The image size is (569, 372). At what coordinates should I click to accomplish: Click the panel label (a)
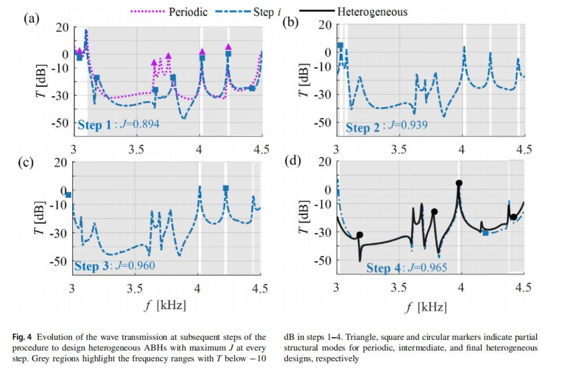point(31,19)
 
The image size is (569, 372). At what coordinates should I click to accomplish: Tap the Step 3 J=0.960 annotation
point(114,266)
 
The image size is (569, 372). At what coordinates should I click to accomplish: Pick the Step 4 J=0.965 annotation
point(406,268)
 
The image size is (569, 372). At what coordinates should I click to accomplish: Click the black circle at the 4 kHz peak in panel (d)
point(459,183)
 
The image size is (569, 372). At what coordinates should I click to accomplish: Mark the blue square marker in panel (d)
point(485,232)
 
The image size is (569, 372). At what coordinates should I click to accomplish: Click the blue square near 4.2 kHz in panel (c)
point(225,188)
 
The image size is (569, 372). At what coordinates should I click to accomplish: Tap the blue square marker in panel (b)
point(340,46)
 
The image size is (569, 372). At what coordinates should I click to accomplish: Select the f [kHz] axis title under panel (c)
point(164,305)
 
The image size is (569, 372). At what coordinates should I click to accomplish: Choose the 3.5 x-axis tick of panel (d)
point(399,287)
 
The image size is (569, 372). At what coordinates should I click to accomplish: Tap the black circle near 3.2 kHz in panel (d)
point(360,235)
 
